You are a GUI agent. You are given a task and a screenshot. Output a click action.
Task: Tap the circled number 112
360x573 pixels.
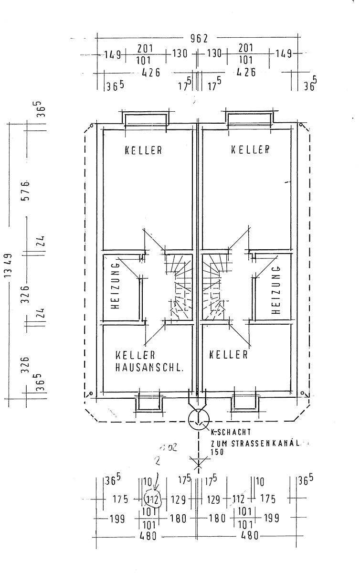[x=152, y=499]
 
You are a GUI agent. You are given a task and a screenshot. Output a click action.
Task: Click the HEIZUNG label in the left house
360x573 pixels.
[x=115, y=286]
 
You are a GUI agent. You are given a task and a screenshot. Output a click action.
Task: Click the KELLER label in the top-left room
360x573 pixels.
[x=143, y=150]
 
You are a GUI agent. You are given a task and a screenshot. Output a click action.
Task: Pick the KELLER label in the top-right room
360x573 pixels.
[x=250, y=149]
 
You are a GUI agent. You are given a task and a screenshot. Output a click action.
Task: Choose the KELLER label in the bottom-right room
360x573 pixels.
[x=229, y=355]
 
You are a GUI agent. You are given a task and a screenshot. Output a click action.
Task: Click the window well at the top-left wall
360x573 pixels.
[x=146, y=117]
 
